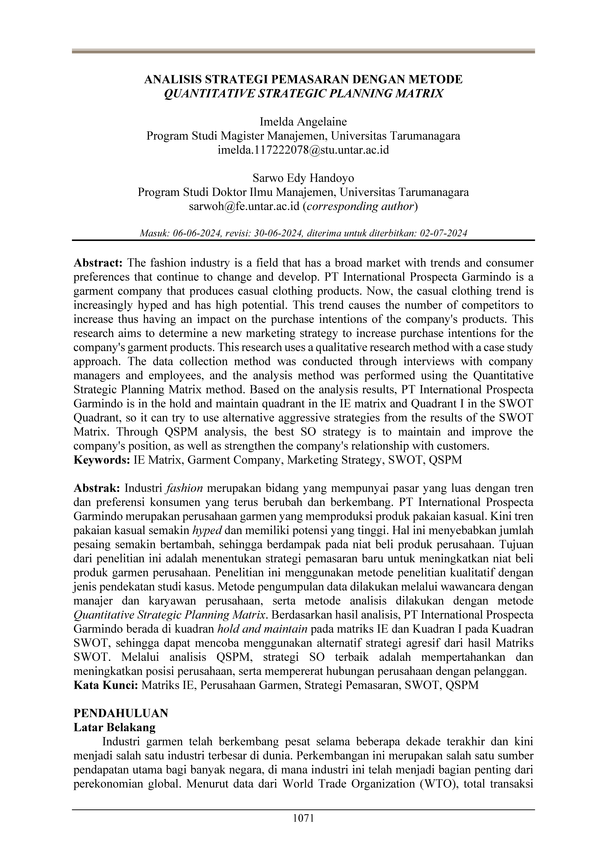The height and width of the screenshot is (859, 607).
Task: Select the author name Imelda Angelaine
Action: [303, 122]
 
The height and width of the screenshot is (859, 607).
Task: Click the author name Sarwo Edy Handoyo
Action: [303, 178]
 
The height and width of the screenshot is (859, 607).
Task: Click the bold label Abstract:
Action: [98, 263]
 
